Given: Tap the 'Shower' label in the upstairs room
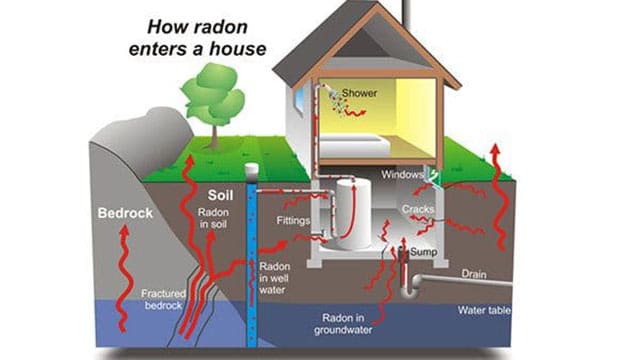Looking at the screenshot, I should click(359, 93).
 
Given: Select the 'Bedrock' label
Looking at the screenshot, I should click(124, 213).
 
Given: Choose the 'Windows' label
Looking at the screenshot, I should click(403, 176).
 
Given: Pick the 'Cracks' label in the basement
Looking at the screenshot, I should click(417, 209).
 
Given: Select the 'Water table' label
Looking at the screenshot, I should click(485, 311).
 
